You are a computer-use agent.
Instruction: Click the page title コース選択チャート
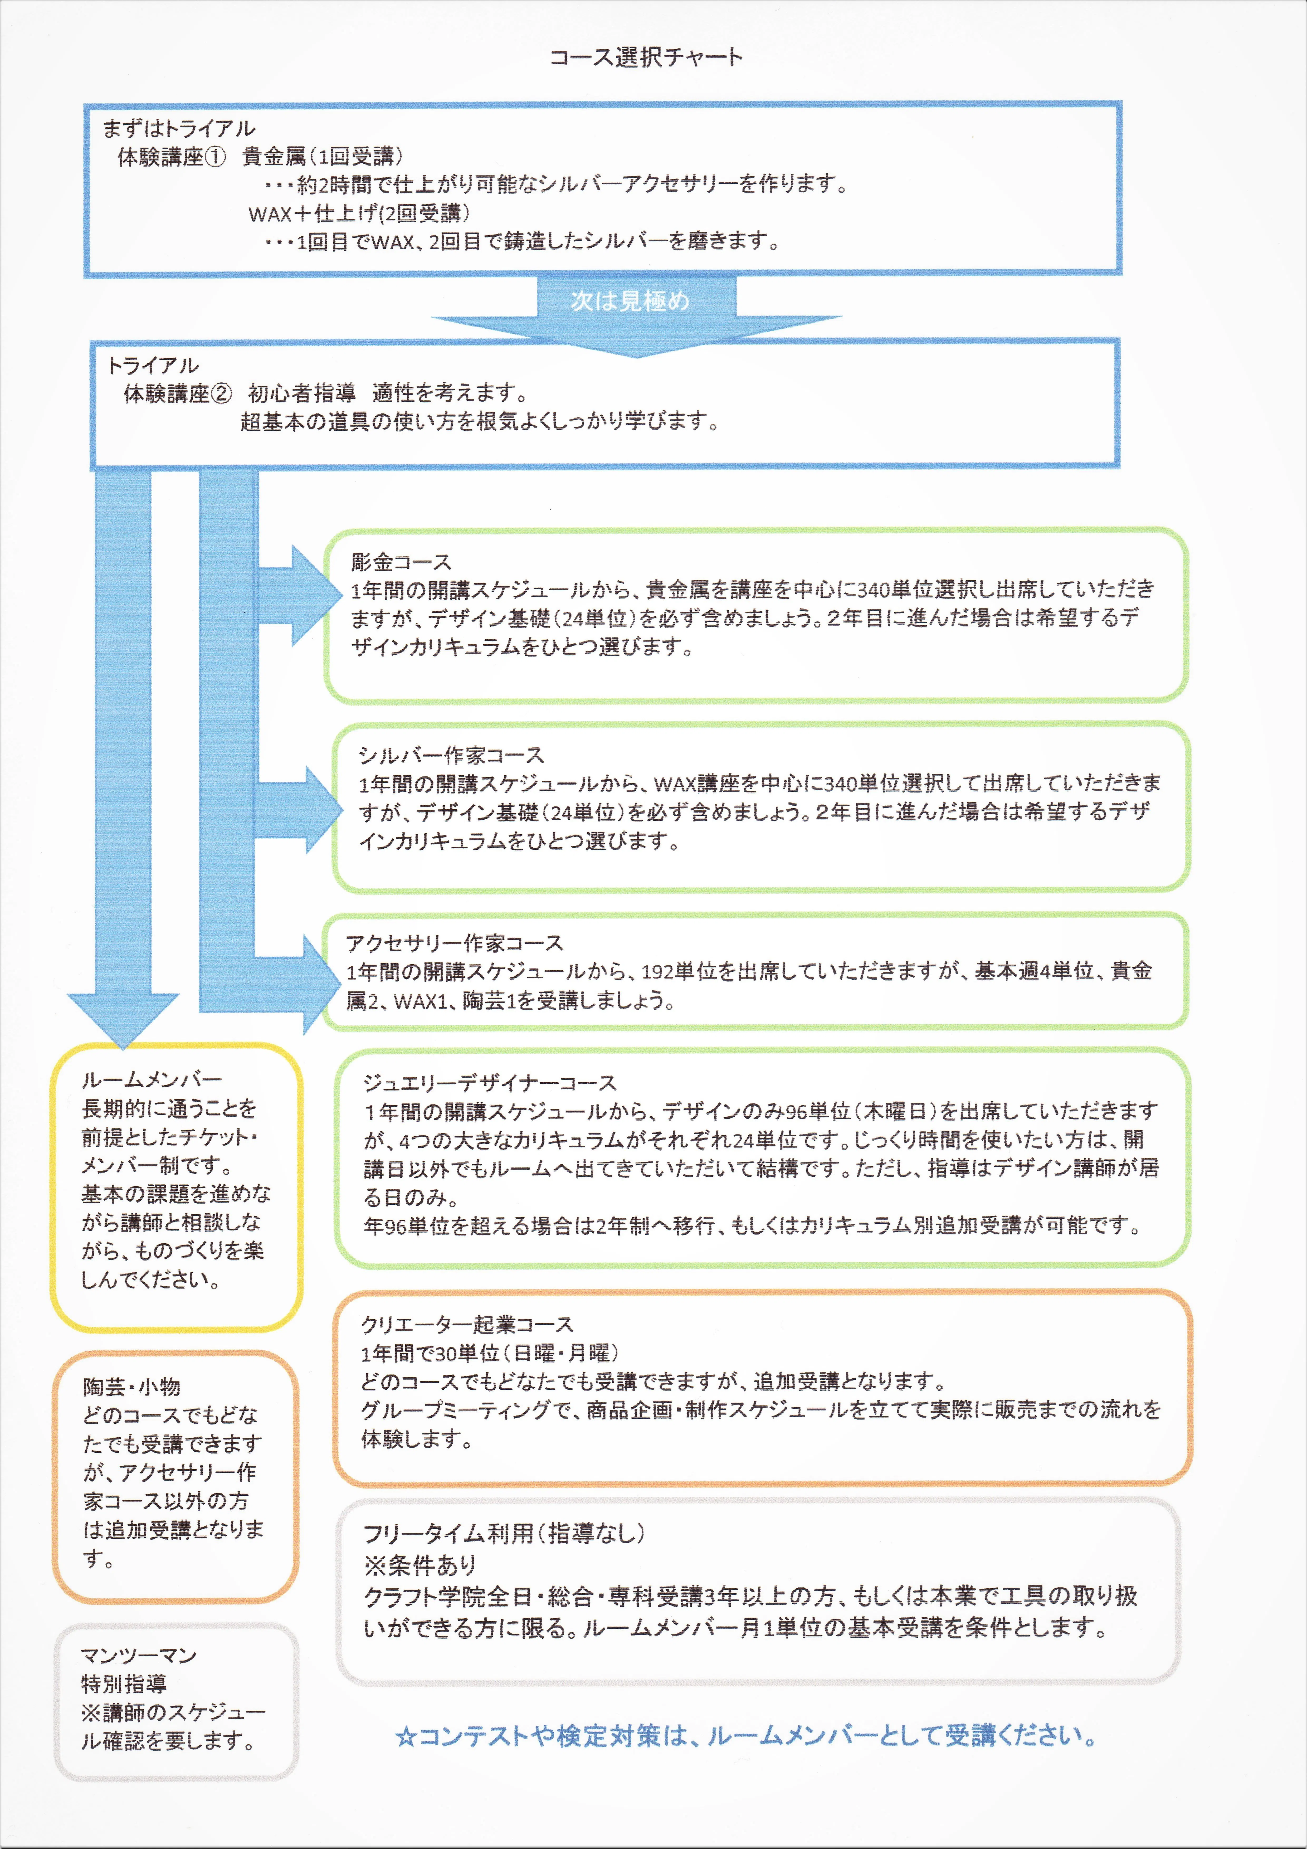[x=646, y=57]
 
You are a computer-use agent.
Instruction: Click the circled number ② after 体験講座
[x=221, y=394]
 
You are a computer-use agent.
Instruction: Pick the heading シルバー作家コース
[x=451, y=755]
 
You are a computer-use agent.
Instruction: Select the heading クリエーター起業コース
[x=467, y=1325]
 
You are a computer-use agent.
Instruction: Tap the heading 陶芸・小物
[x=131, y=1387]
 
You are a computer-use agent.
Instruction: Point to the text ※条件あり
[x=420, y=1565]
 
